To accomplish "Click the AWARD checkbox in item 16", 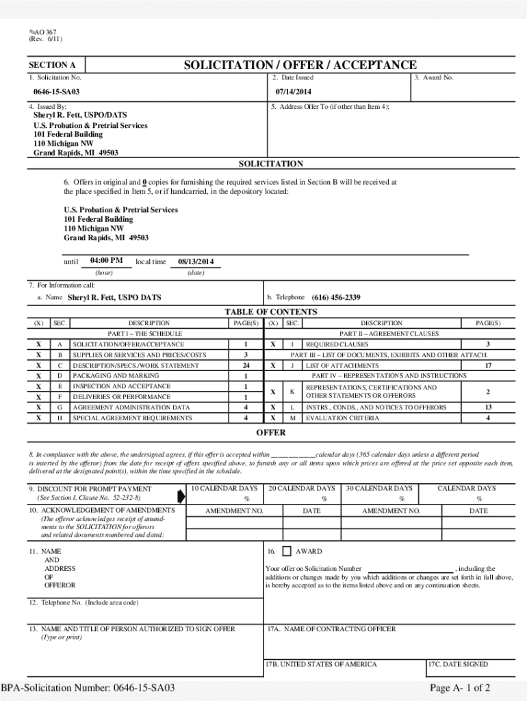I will pos(287,551).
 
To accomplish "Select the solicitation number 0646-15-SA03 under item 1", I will pos(57,92).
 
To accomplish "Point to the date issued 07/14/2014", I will pos(294,92).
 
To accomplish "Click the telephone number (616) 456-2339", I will pos(336,298).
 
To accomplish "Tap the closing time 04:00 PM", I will pos(106,261).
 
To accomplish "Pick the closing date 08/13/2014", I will pos(196,262).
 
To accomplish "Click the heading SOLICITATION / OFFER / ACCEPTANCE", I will pos(300,65).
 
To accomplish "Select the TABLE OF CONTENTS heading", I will pos(271,312).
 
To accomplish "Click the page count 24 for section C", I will pos(246,366).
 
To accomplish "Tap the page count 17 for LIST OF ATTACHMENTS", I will pos(488,366).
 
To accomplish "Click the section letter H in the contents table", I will pos(60,418).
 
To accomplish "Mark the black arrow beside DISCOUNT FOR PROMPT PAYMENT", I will pos(181,494).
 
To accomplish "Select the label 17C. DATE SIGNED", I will pos(458,664).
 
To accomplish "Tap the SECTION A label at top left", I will pos(52,65).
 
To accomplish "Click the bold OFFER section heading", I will pos(271,433).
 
